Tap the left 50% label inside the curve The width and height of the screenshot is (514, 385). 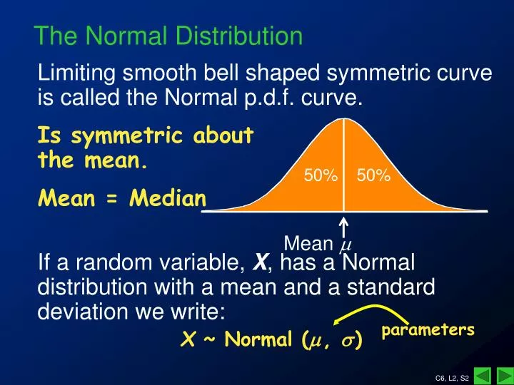click(x=321, y=176)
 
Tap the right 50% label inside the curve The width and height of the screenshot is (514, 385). click(x=373, y=176)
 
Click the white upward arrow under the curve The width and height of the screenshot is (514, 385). click(x=343, y=228)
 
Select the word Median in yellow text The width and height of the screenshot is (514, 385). click(x=168, y=198)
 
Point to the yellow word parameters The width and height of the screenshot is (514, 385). click(x=428, y=330)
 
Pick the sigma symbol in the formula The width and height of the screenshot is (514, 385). click(x=349, y=341)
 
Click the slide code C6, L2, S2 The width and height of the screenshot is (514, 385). click(x=452, y=378)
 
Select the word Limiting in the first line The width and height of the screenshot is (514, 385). click(x=76, y=74)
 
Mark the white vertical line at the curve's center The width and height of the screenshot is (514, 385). click(x=343, y=165)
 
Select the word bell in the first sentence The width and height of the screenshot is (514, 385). click(x=222, y=73)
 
